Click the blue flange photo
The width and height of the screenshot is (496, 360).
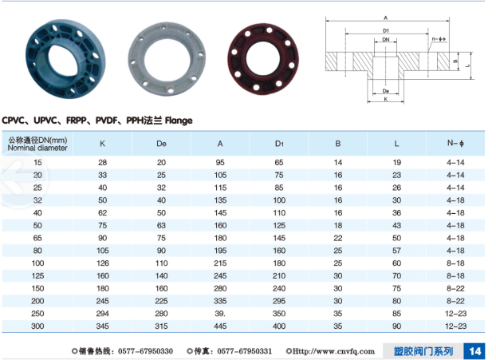65,59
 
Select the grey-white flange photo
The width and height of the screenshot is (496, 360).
167,59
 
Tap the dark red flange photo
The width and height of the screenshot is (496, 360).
263,59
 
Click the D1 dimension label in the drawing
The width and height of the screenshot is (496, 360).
386,30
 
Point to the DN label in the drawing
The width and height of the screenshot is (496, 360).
386,40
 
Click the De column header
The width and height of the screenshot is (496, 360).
161,144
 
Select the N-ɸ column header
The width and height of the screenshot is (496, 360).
455,144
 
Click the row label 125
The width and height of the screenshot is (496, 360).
37,275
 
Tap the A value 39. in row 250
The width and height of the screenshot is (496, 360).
220,314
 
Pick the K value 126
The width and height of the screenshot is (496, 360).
103,263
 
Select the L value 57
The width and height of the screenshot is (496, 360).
396,251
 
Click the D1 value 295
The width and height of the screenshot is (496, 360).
279,301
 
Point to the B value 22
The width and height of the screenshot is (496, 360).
338,238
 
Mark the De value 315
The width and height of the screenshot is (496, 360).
161,326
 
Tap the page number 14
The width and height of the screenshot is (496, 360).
474,351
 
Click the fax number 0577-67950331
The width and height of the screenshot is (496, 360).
245,351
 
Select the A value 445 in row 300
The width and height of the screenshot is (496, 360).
220,326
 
